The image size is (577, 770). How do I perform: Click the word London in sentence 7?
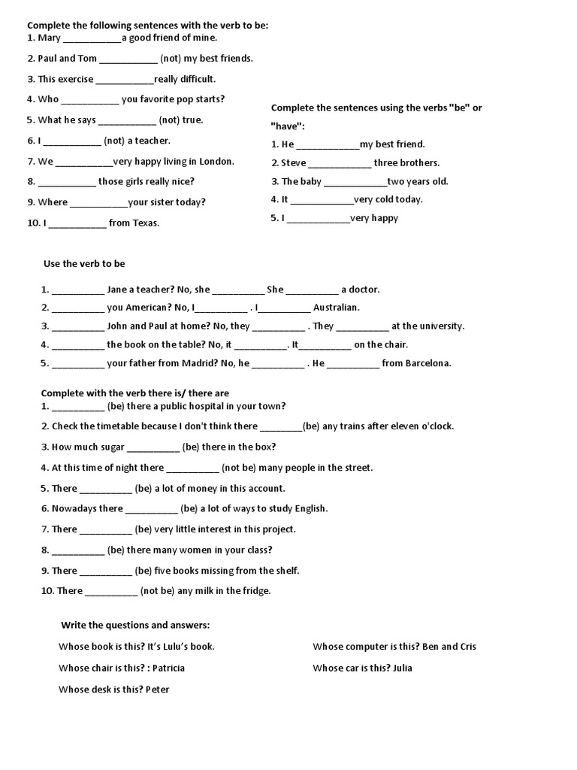[216, 161]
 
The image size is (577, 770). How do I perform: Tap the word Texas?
[146, 223]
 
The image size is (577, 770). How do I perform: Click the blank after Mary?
[92, 38]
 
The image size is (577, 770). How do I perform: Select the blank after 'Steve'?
[340, 163]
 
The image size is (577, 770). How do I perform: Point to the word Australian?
[337, 308]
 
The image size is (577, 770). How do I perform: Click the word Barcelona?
[428, 363]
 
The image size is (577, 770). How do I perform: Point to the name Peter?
[157, 689]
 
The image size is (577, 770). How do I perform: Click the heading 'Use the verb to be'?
[84, 264]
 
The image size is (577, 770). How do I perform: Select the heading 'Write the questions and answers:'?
[135, 626]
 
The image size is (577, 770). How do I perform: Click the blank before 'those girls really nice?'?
[67, 182]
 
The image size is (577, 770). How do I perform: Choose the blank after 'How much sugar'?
[153, 447]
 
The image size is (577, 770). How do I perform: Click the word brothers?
[417, 162]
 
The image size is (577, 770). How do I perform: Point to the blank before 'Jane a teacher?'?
[78, 290]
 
